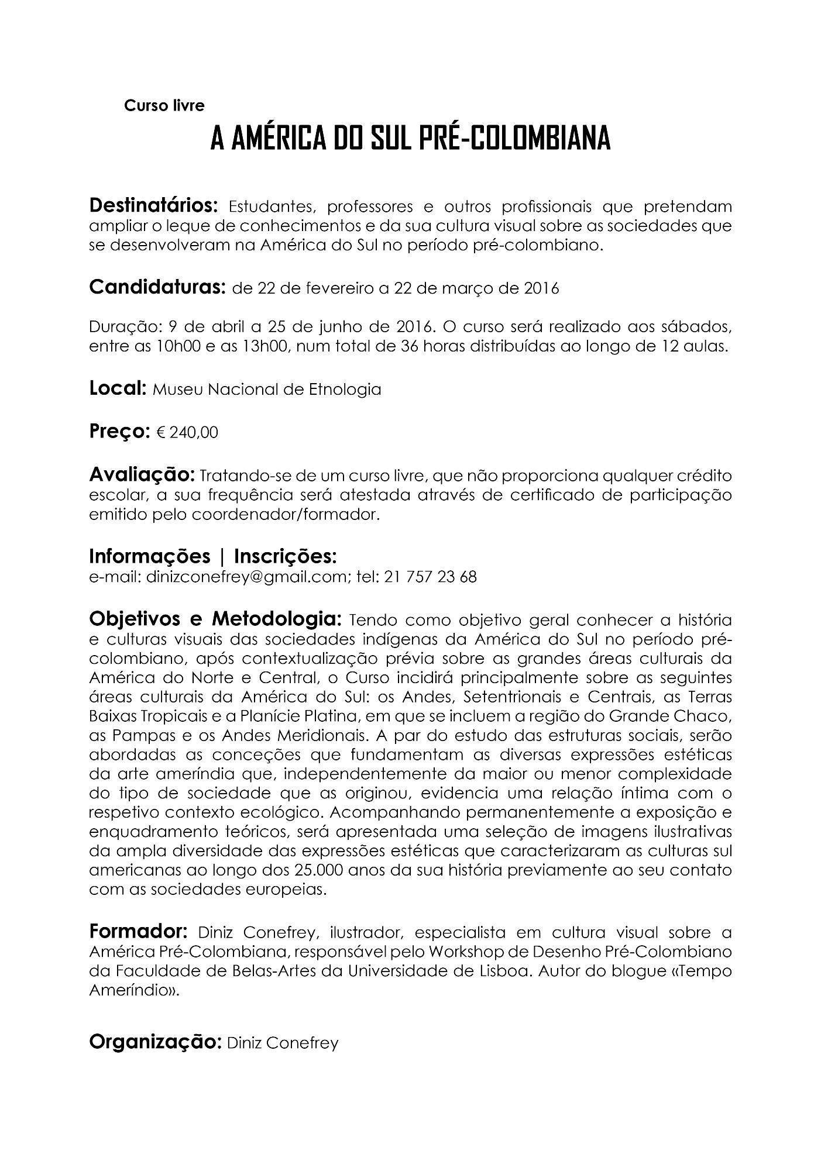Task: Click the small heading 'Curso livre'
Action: (x=164, y=106)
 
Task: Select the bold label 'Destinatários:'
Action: (x=153, y=206)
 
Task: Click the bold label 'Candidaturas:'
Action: (x=157, y=288)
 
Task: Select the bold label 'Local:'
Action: (x=118, y=388)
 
